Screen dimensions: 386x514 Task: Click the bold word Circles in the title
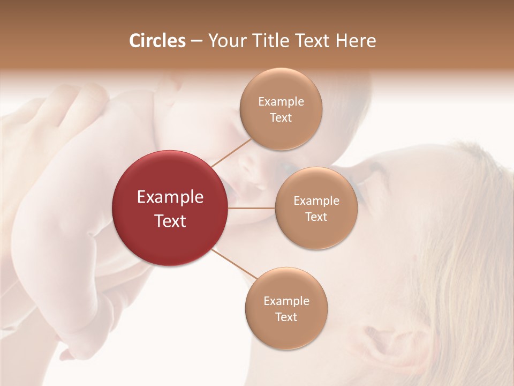(157, 41)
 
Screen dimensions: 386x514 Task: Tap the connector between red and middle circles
(252, 208)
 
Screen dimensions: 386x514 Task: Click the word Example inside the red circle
(170, 197)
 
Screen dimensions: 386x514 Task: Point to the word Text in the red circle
(170, 221)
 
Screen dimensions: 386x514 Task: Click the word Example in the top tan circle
(281, 102)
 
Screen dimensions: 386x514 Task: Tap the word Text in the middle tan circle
(316, 217)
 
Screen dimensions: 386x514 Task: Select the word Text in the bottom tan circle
(286, 317)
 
